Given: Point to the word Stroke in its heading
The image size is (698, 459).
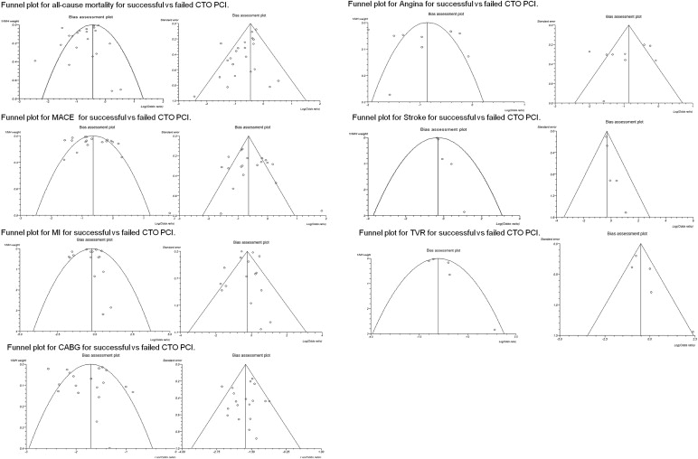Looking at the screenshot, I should tap(413, 117).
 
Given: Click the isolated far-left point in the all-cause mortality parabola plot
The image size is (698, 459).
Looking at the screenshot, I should tap(35, 61).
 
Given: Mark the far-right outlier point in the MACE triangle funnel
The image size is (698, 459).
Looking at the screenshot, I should tap(322, 211).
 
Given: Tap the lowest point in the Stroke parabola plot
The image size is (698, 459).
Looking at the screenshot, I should tap(464, 211).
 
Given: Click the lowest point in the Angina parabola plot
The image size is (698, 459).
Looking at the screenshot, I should tap(390, 95).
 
